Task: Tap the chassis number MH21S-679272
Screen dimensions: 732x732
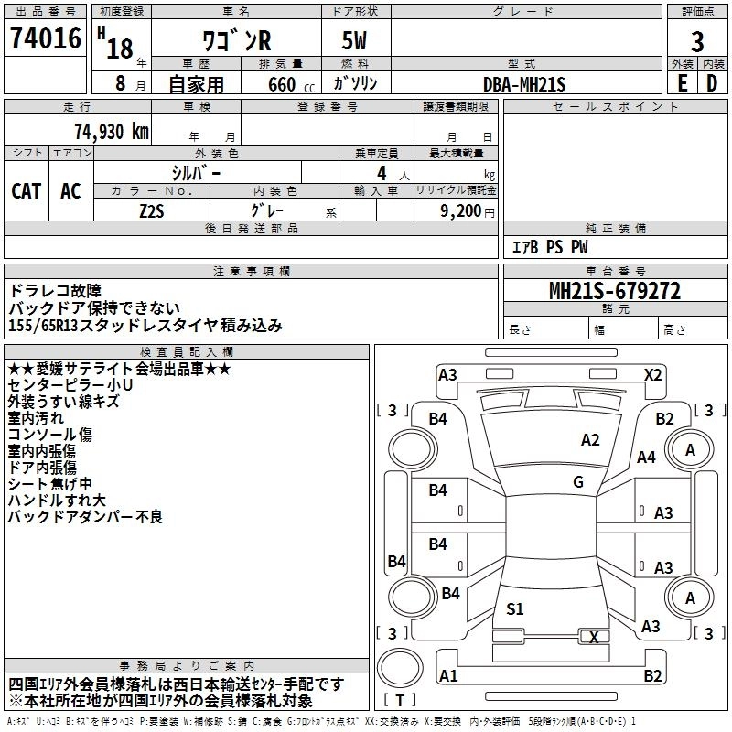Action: [614, 291]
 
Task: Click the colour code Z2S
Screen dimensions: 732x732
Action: [152, 209]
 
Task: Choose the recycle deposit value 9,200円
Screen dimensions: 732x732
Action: [467, 210]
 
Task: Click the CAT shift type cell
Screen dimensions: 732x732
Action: [27, 190]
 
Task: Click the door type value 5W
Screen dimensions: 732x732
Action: [357, 42]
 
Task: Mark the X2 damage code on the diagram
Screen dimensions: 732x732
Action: [652, 374]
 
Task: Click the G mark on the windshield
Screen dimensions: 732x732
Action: [578, 481]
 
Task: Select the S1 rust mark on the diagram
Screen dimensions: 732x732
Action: [515, 608]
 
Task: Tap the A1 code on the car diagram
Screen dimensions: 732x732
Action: [448, 675]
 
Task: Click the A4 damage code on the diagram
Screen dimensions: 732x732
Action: [647, 457]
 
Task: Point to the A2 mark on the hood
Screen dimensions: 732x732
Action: [590, 440]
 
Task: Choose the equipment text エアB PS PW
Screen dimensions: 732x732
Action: [549, 247]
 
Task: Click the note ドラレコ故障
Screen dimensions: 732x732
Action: [50, 291]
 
